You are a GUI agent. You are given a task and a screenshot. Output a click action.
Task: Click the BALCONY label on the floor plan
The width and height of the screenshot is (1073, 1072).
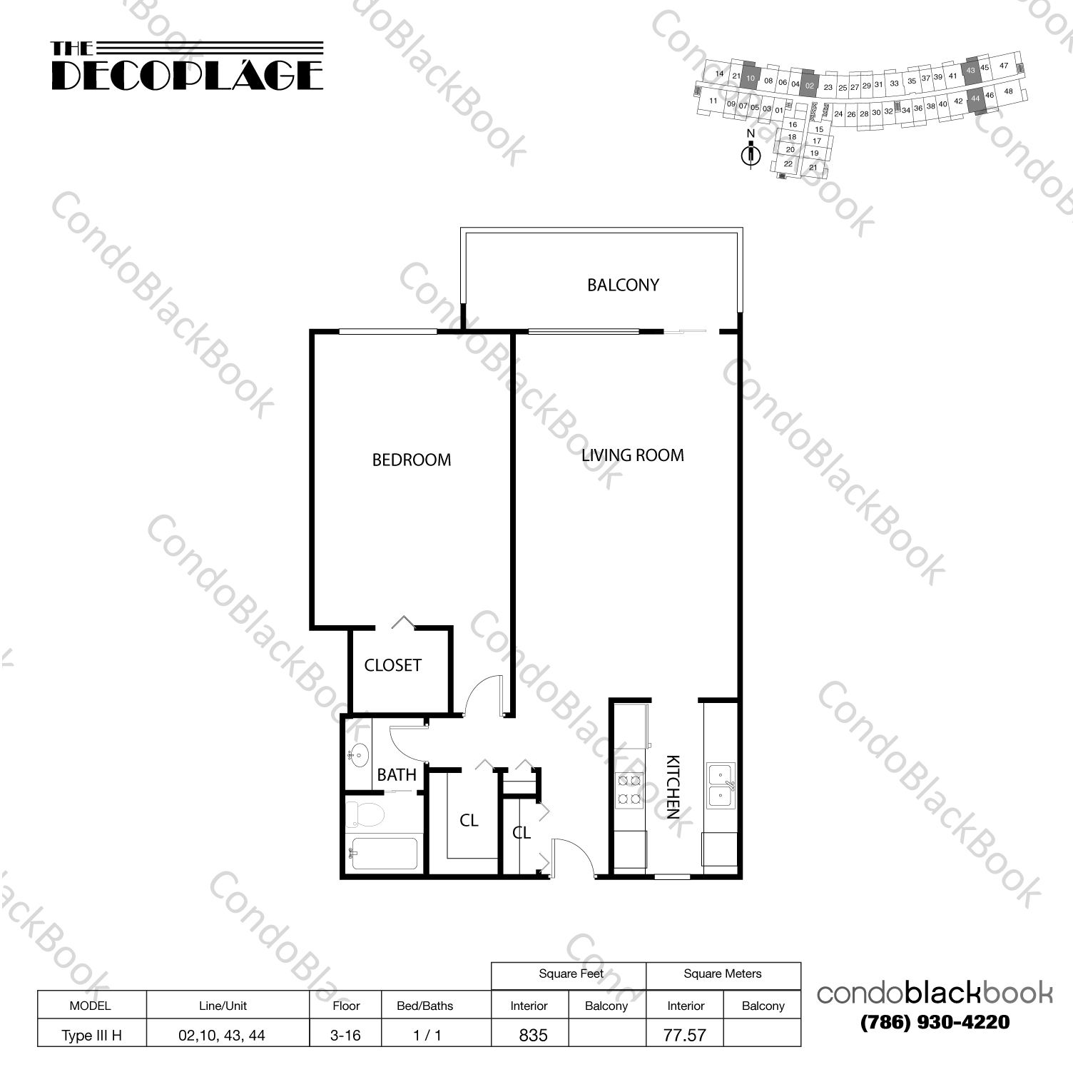point(623,285)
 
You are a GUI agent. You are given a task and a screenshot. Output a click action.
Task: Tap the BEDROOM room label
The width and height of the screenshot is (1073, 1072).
point(412,460)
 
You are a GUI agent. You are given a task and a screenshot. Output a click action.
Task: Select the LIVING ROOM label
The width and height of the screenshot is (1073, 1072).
point(632,455)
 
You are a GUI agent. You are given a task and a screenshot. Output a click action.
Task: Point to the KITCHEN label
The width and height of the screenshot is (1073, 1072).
point(673,786)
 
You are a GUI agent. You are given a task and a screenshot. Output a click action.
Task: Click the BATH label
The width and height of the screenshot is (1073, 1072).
point(397,774)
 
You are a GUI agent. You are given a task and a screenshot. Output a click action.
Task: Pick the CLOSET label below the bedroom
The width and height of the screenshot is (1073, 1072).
point(392,665)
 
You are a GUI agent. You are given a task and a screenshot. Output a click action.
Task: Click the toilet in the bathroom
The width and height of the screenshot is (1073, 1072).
point(365,814)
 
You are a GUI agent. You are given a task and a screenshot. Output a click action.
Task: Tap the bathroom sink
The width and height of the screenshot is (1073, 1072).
point(359,753)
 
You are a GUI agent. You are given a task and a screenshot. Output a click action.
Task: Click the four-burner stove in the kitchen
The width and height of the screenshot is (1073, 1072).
point(629,789)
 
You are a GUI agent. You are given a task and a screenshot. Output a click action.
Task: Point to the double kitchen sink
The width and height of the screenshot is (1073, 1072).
point(721,785)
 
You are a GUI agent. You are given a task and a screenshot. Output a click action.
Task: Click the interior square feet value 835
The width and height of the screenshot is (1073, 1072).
point(533,1035)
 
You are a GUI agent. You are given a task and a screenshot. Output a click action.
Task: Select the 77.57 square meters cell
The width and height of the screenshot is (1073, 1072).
point(684,1035)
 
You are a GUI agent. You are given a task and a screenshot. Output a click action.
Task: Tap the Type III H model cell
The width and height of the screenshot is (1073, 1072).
point(91,1035)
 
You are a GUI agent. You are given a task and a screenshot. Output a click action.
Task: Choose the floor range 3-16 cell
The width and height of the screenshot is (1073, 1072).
point(345,1035)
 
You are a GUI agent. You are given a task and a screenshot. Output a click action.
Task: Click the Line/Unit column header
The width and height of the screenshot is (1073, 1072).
point(223,1006)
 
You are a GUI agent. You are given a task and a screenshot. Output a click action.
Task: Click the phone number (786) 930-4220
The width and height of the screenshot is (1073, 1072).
point(935,1022)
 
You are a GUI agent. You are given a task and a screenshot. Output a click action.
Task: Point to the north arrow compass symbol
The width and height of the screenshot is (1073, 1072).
point(751,151)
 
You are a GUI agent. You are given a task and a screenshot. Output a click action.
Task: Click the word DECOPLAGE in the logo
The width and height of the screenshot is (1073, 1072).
point(188,75)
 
